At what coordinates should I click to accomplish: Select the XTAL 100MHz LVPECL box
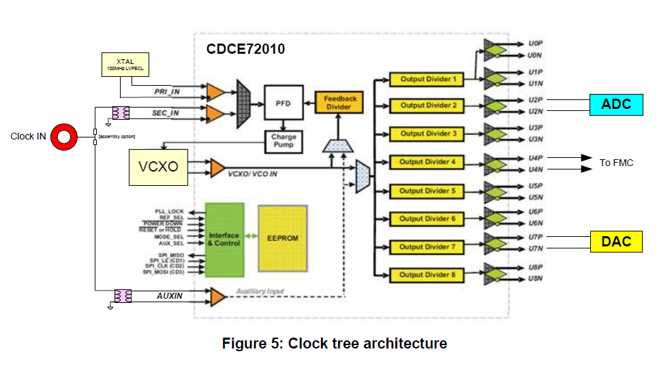125,65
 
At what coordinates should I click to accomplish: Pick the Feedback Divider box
340,103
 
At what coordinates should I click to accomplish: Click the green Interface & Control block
224,239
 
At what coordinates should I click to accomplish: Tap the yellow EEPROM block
283,239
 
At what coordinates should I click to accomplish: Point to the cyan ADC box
616,104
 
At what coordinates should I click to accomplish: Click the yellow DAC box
616,241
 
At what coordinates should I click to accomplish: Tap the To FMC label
616,163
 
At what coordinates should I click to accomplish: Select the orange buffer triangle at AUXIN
217,296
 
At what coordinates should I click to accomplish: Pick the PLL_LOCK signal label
170,212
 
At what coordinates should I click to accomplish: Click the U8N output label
535,279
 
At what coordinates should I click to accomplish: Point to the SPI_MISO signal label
169,255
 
